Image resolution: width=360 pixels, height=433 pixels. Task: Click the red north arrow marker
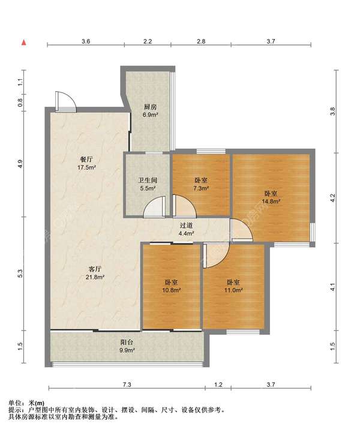click(24, 42)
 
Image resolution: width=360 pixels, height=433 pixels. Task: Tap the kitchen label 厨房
click(150, 107)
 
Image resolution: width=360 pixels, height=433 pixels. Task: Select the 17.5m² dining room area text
click(86, 167)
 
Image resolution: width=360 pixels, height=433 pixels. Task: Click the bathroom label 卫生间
click(148, 181)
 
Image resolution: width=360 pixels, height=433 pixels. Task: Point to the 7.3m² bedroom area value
click(201, 188)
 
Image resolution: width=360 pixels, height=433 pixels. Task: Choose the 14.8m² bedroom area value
click(271, 202)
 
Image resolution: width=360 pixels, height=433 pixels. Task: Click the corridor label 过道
click(186, 225)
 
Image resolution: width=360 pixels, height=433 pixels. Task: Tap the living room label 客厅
click(95, 269)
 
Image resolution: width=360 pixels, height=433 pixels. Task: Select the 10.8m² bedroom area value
click(171, 290)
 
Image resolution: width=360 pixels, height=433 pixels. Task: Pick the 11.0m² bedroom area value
click(233, 290)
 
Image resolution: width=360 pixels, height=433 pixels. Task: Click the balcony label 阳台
click(127, 342)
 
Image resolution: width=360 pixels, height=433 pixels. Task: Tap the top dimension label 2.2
click(148, 41)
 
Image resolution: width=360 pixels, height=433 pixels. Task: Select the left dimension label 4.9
click(20, 164)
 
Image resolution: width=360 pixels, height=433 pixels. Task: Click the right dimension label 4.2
click(332, 198)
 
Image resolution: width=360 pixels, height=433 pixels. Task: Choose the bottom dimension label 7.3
click(127, 384)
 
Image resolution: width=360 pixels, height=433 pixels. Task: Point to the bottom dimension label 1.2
click(218, 384)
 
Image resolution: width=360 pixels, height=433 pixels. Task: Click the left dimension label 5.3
click(20, 273)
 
